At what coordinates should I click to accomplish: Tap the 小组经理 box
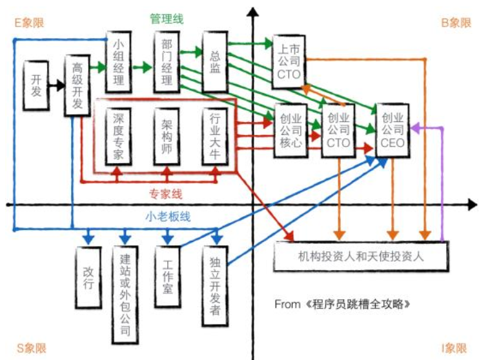tap(119, 61)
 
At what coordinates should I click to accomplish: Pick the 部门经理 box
tap(167, 61)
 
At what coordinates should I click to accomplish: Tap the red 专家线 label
tap(166, 193)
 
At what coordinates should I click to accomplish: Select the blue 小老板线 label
tap(167, 217)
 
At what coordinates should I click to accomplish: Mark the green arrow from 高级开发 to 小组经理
tap(97, 66)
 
